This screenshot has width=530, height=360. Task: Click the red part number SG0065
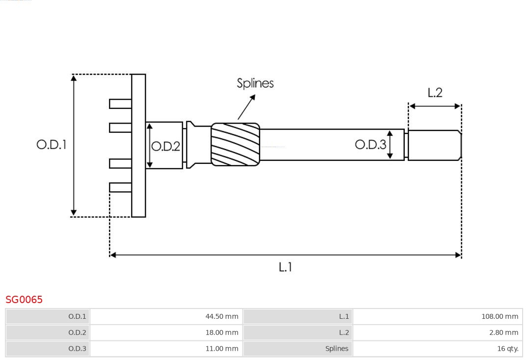24,299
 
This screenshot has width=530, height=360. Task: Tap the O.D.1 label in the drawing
51,145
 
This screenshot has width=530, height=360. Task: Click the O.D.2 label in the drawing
166,146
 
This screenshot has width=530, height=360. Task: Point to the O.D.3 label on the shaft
371,144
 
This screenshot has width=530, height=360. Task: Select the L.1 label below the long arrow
285,267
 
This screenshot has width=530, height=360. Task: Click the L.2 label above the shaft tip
435,93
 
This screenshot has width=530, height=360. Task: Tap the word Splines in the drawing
255,83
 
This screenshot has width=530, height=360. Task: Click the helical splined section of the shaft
236,144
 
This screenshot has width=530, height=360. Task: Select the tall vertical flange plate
138,145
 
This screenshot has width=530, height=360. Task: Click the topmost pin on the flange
120,103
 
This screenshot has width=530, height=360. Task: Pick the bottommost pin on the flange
120,187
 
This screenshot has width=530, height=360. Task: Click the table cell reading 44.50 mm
166,316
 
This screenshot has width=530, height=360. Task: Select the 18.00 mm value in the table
166,333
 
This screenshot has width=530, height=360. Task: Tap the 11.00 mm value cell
166,349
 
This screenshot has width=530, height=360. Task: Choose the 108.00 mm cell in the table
437,316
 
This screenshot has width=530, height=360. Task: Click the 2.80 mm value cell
437,333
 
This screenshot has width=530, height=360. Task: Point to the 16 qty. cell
437,349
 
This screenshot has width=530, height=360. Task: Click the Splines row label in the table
297,349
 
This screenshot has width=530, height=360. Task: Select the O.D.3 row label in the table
48,349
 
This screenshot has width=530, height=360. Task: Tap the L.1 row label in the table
297,316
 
